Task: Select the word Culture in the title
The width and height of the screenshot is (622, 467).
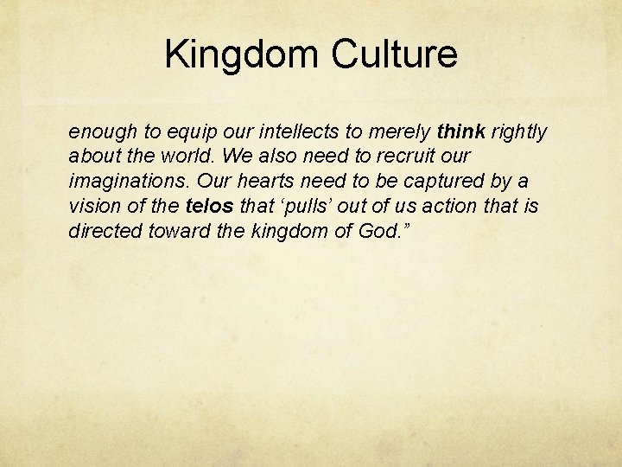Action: (x=394, y=54)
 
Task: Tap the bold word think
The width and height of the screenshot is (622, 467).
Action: (x=462, y=132)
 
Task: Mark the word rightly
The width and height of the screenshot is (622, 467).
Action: (x=518, y=132)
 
